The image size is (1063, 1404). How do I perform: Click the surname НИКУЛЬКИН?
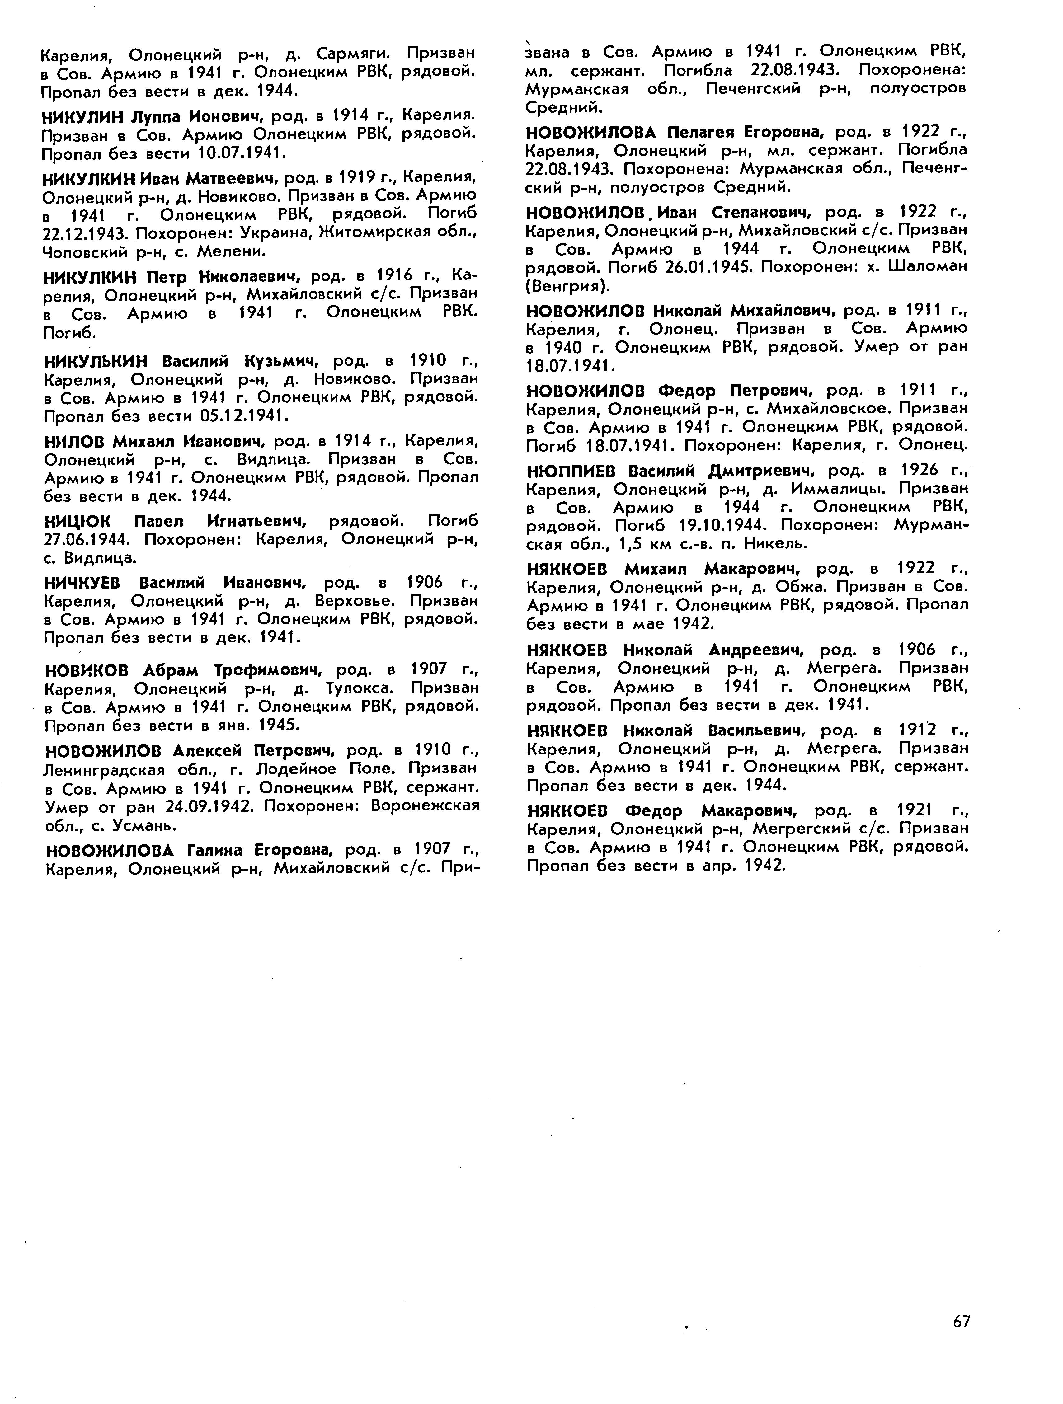pos(95,361)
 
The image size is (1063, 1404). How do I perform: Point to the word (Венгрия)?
pos(568,286)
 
